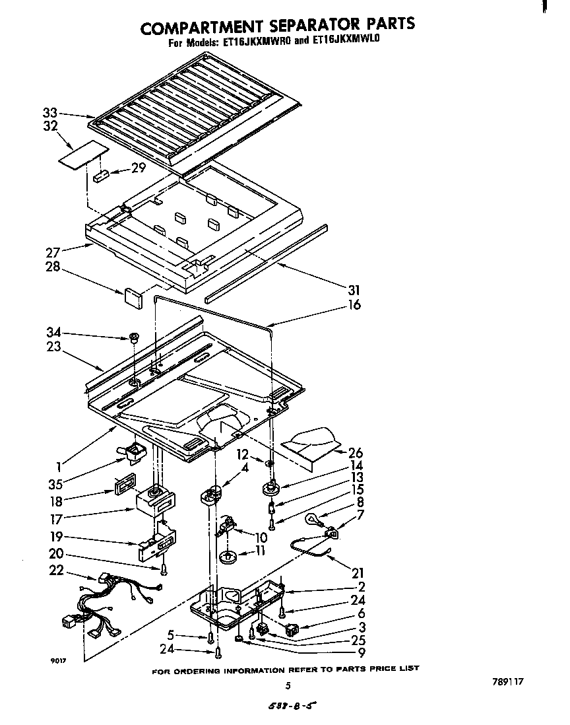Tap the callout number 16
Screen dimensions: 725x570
(x=354, y=305)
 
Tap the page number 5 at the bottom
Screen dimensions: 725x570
(x=288, y=685)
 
